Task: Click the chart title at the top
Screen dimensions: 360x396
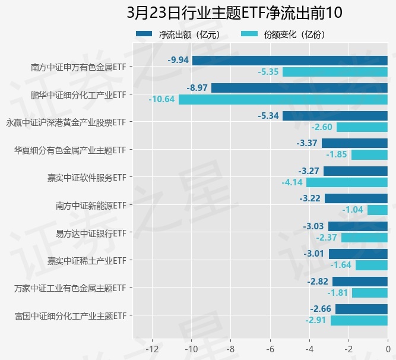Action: click(x=235, y=12)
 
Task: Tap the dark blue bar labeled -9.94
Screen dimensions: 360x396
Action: click(x=290, y=60)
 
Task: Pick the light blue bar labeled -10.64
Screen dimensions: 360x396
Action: click(x=283, y=99)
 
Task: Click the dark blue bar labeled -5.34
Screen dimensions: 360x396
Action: click(x=335, y=115)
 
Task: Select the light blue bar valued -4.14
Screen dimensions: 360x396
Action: click(x=347, y=182)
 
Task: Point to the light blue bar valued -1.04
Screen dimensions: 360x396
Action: click(x=378, y=210)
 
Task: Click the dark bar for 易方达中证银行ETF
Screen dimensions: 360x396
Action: click(x=358, y=226)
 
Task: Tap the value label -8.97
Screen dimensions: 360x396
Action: click(x=197, y=88)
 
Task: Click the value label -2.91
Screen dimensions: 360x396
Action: click(x=315, y=321)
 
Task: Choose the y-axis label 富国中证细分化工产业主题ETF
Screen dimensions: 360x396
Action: click(x=71, y=315)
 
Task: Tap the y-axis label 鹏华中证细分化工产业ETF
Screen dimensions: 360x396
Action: click(x=78, y=94)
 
